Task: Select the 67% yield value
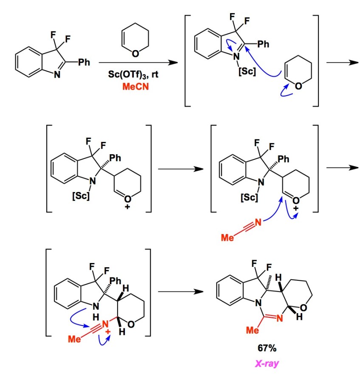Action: [x=267, y=348]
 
